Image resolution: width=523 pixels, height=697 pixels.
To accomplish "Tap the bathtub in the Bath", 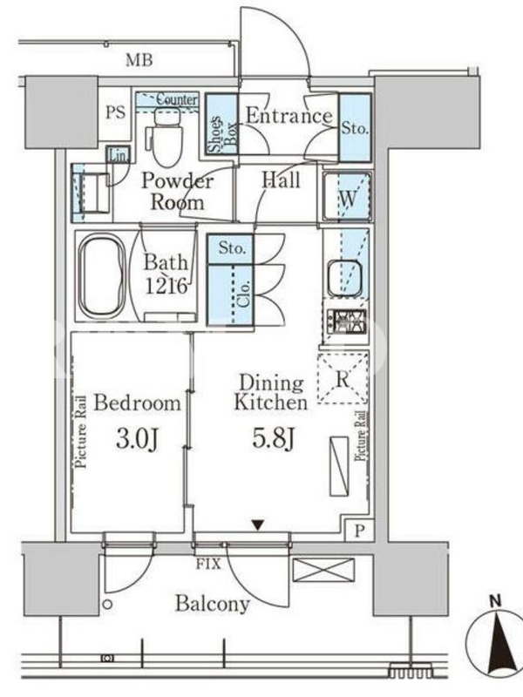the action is click(102, 276).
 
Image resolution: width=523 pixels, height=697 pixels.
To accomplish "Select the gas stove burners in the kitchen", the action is click(347, 321).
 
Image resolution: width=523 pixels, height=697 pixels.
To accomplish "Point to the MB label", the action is click(139, 59).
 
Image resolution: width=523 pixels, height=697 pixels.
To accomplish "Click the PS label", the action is click(116, 112).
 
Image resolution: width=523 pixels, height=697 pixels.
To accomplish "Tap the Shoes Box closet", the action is click(221, 124).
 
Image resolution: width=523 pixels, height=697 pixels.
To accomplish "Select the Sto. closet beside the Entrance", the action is click(355, 127).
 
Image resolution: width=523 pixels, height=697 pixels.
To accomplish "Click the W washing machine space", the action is click(348, 196).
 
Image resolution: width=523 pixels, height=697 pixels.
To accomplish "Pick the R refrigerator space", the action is click(343, 379).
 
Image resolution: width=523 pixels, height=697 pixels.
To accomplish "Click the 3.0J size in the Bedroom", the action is click(137, 440).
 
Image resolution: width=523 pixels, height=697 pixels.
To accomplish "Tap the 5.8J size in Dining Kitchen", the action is click(273, 439).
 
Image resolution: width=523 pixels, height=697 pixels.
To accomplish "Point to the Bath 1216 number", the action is click(166, 287).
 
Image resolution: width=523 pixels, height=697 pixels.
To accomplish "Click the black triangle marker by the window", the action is click(257, 525).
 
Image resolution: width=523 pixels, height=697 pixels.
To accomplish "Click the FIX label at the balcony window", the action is click(208, 564).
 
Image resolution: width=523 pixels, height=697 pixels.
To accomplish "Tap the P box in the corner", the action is click(360, 531).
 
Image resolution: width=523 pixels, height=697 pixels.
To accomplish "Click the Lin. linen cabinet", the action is click(118, 155).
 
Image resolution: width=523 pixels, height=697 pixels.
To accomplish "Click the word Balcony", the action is click(212, 604).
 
